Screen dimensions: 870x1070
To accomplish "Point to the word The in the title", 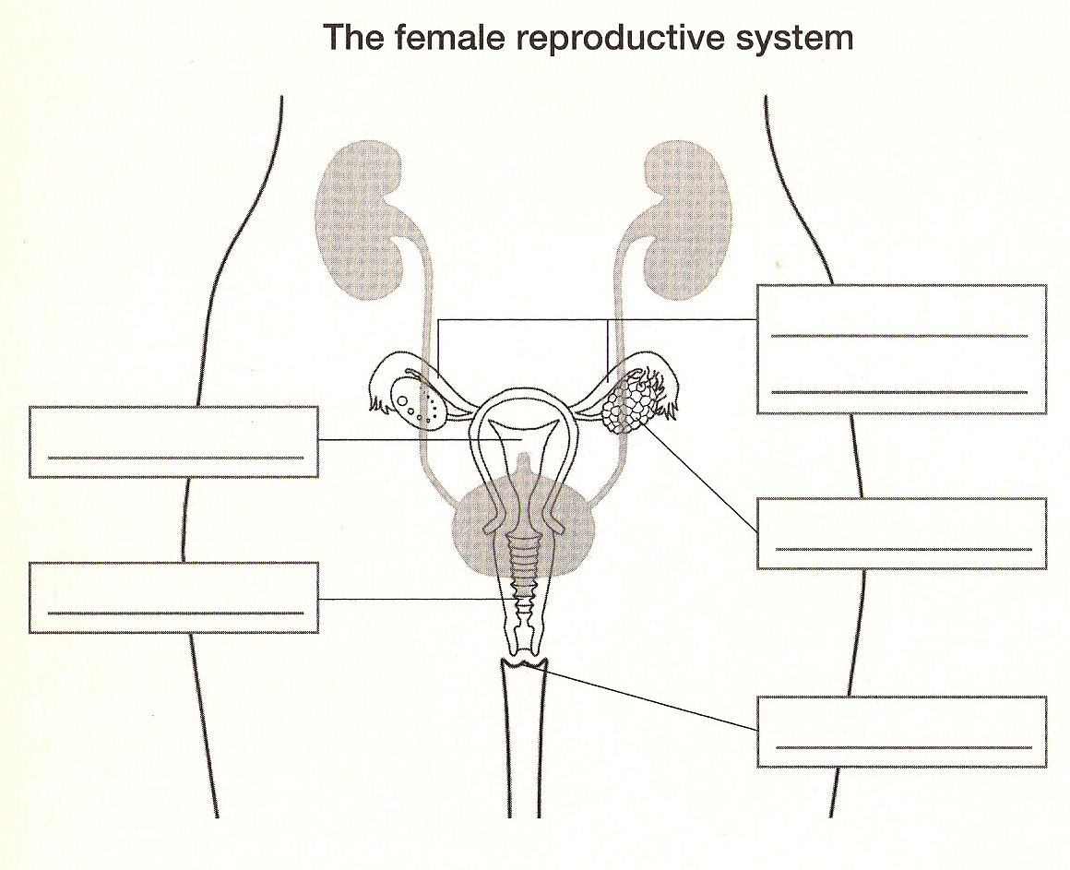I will coord(351,38).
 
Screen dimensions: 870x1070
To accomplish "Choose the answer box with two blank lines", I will coord(900,349).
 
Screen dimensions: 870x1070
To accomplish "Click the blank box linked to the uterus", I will coord(173,441).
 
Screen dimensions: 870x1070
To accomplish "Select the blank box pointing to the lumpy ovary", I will coord(900,533).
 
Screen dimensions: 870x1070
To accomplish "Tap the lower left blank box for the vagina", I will coord(173,597).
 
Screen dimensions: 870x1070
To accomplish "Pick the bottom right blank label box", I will coord(900,731).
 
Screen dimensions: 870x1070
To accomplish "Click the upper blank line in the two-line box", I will coord(899,336).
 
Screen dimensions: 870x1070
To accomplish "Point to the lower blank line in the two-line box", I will coord(899,392).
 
